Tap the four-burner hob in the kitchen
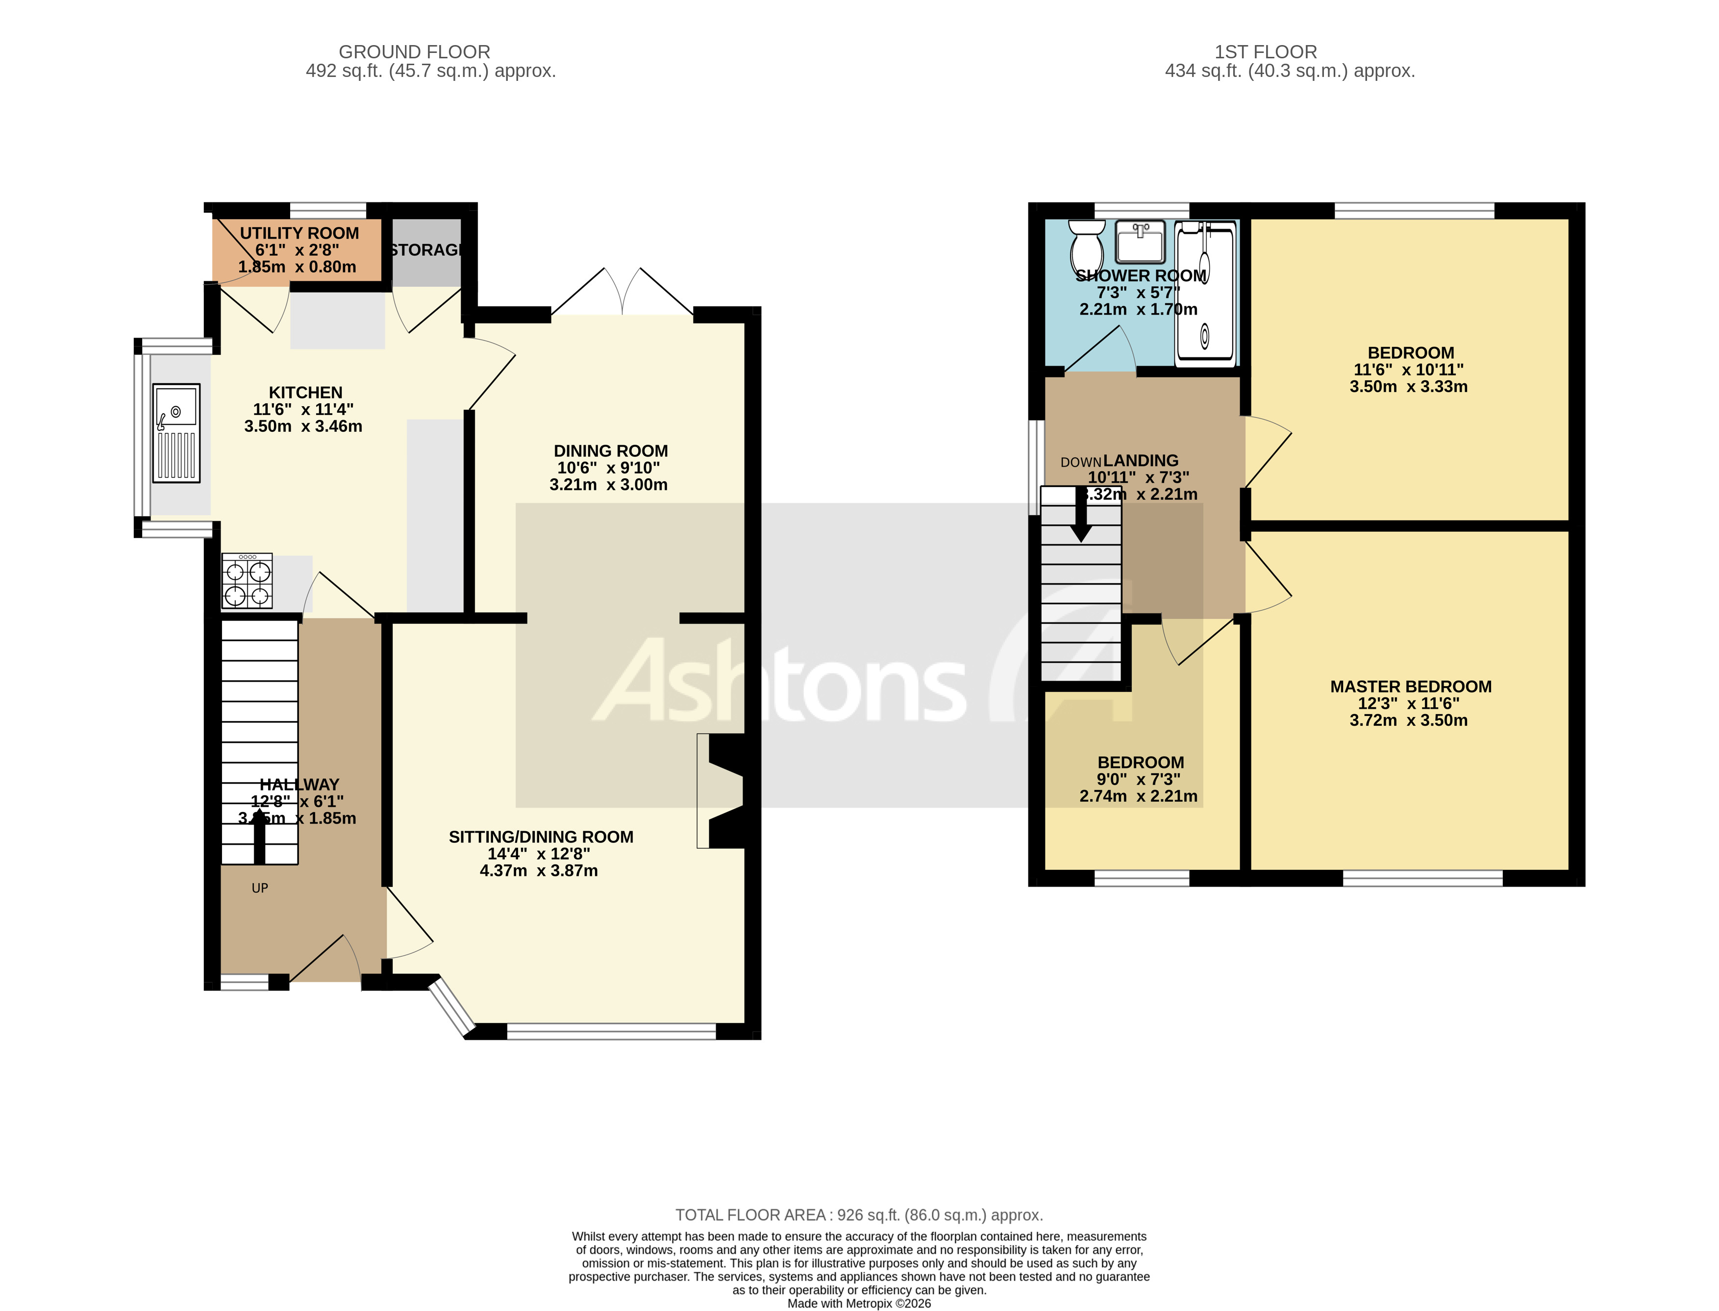pos(248,581)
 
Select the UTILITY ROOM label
pos(299,233)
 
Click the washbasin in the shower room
pos(1140,242)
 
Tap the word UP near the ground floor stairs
pos(260,888)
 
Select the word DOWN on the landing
pos(1080,463)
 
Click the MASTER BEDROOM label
pos(1410,687)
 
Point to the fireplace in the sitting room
pos(722,791)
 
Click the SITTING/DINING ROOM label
pos(541,837)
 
